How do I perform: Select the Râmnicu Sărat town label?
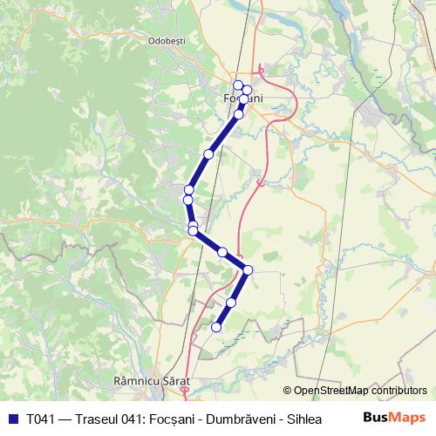tap(151, 381)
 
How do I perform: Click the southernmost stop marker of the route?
tap(216, 327)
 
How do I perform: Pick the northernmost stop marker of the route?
tap(238, 85)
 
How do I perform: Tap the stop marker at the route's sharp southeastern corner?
tap(248, 269)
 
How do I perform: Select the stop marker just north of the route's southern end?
tap(231, 303)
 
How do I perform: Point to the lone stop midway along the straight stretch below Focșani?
tap(208, 154)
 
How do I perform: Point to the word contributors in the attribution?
tap(399, 392)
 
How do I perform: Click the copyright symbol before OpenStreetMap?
tap(288, 392)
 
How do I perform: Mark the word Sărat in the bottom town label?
tap(173, 381)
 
